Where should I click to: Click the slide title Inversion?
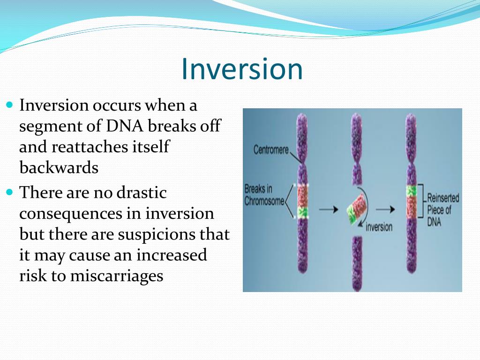pos(242,69)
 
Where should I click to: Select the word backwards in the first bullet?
pos(59,167)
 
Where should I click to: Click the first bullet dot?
pos(10,105)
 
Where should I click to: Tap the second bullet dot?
pos(10,193)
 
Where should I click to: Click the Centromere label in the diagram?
pos(271,150)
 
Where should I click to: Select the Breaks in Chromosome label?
pos(264,195)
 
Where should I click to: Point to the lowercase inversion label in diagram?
pos(379,227)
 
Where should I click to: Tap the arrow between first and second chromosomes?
pos(329,210)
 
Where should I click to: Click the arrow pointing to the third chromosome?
pos(385,210)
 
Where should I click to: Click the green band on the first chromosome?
pos(302,212)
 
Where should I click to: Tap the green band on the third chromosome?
pos(411,191)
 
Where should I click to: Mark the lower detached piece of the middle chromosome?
pos(357,263)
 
